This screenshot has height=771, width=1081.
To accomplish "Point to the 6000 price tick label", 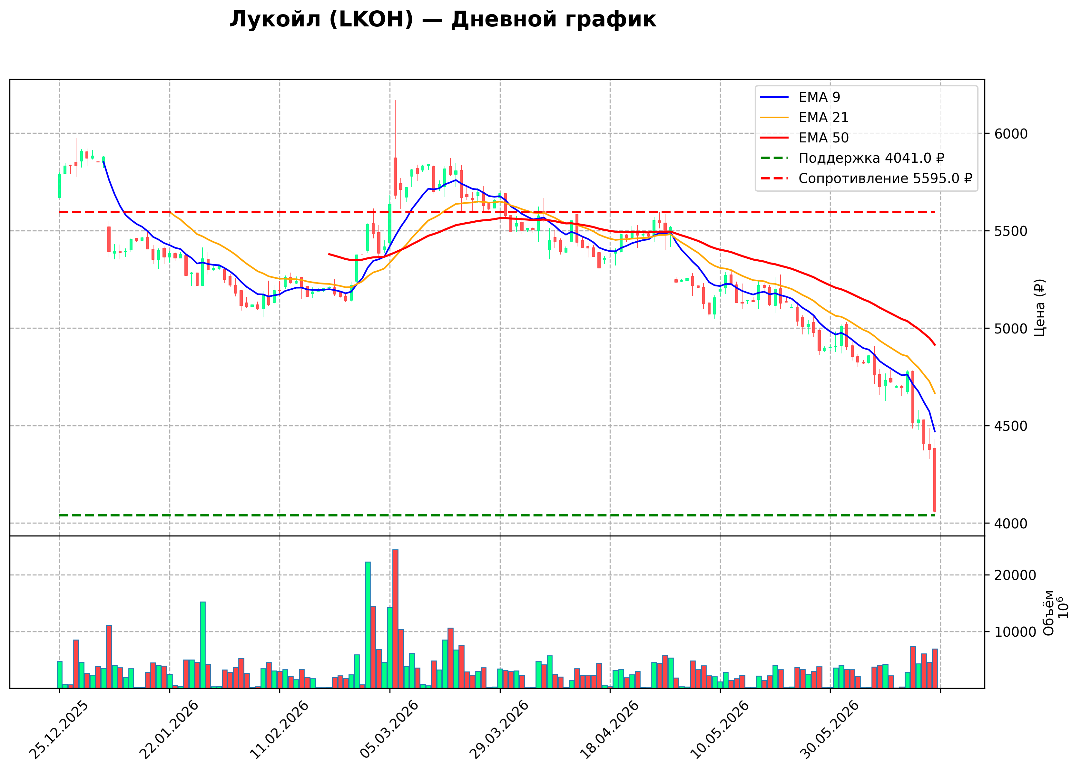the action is [1011, 134].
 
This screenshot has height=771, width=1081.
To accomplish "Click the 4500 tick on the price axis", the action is [1011, 426].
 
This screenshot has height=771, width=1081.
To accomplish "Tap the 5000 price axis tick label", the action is [1011, 329].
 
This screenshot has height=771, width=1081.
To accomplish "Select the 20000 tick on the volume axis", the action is [1016, 575].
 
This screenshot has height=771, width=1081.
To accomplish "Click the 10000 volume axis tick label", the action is [1016, 632].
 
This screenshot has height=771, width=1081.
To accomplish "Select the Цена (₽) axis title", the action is [1040, 308].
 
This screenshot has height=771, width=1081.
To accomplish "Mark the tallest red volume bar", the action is [395, 619].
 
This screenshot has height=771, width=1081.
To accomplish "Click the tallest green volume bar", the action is [368, 625].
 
